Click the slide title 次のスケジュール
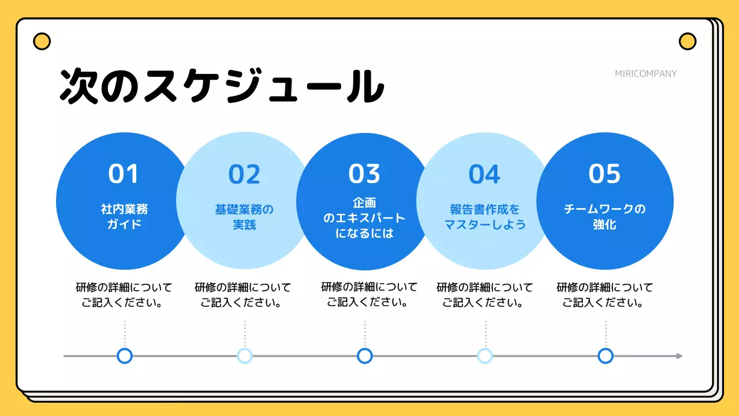[222, 87]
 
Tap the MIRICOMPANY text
[645, 73]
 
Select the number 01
[124, 174]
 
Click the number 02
[244, 174]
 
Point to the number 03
[364, 174]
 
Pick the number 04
[484, 174]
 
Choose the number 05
[604, 174]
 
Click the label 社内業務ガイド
[124, 217]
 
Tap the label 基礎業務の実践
[244, 217]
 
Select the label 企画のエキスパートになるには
[364, 218]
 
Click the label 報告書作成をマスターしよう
[484, 217]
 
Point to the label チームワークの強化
[604, 217]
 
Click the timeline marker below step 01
[125, 356]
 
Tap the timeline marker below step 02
[245, 356]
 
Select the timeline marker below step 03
[365, 356]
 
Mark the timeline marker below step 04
[485, 356]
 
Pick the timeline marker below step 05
[605, 356]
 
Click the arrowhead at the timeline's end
[679, 356]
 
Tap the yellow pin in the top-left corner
[42, 42]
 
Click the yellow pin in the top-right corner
[687, 42]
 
